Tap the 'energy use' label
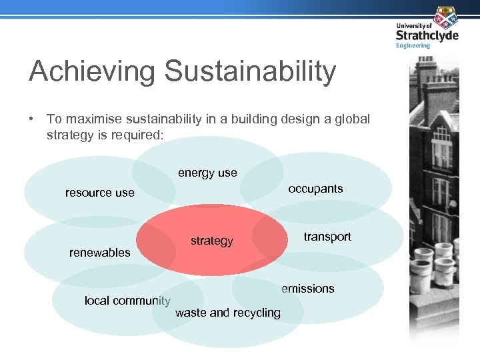207,173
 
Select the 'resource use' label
99,193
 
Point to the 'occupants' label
315,189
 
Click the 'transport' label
327,237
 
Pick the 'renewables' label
100,252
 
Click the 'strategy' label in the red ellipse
212,241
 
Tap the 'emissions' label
307,289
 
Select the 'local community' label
127,301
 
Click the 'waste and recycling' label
227,313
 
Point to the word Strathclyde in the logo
427,34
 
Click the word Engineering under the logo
413,45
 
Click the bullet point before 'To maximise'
31,119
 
